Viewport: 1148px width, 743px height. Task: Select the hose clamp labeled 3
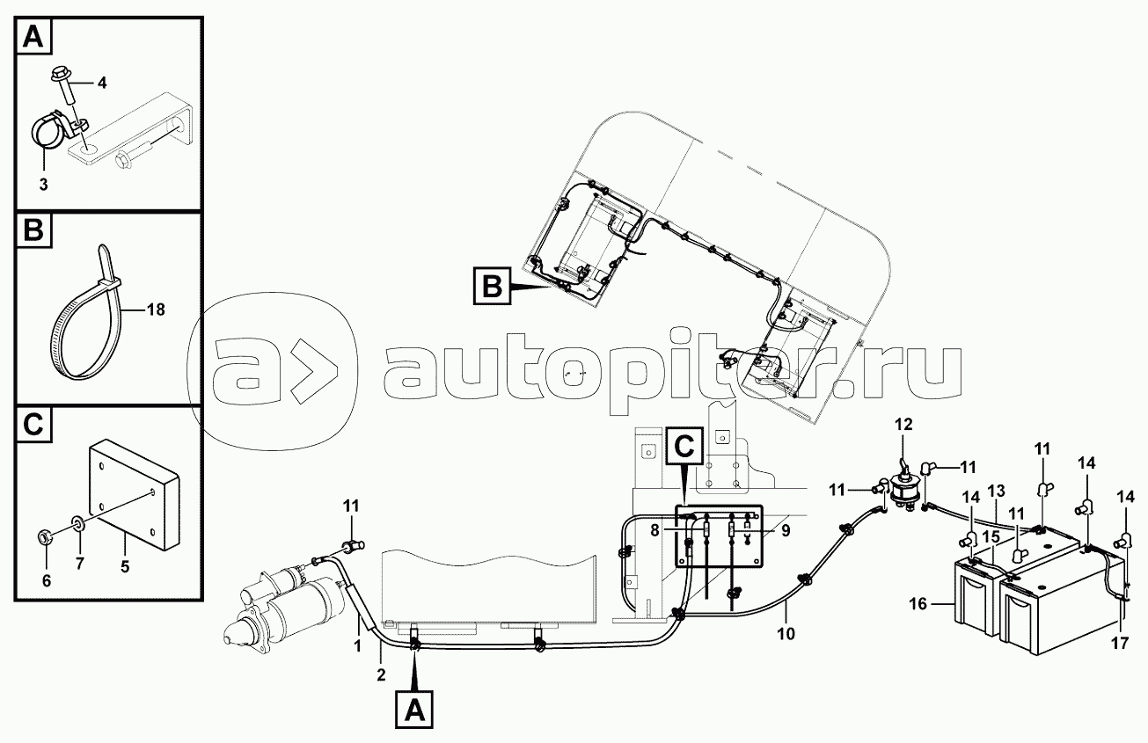[x=48, y=133]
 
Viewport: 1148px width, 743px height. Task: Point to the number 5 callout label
[x=125, y=568]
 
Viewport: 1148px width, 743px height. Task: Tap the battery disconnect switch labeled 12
[x=903, y=486]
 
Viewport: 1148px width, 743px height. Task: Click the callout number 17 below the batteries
[x=1118, y=644]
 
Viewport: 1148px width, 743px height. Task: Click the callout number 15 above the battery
[x=991, y=535]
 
